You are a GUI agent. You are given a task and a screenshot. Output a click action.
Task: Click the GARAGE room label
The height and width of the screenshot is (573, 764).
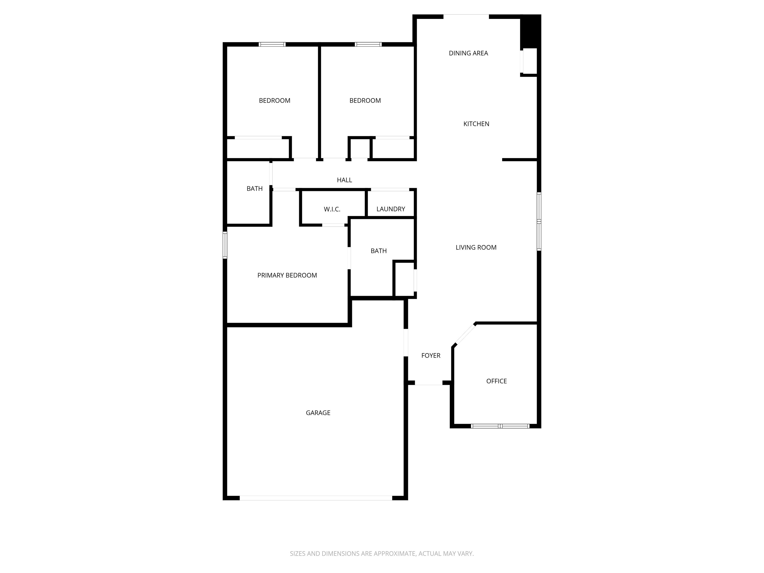tap(318, 413)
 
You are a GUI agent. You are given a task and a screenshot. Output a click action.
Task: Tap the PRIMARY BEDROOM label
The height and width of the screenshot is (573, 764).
tap(287, 275)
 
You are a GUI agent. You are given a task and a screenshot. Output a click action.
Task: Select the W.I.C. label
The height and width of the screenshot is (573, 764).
tap(332, 209)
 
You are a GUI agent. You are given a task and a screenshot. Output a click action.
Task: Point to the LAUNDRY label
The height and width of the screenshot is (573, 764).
tap(391, 209)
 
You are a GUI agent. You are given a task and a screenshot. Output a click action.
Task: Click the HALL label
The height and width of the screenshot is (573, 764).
tap(344, 180)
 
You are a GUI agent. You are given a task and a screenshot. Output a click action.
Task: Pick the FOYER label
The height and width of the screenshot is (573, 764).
tap(431, 355)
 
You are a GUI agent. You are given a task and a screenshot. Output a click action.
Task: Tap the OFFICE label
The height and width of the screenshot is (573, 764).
tap(496, 381)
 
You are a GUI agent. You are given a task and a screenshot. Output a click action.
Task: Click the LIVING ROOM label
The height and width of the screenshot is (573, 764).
tap(476, 247)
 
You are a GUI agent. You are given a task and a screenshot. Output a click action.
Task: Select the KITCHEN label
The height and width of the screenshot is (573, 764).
tap(476, 124)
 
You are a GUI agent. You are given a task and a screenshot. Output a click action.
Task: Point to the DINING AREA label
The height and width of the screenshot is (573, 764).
tap(468, 53)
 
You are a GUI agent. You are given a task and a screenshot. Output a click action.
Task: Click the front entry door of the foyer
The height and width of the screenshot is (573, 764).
tap(428, 383)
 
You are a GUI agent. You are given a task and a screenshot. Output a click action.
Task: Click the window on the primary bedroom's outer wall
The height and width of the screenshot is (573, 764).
tap(225, 245)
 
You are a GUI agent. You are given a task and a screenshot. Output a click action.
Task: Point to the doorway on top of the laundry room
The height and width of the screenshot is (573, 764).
tap(390, 189)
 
